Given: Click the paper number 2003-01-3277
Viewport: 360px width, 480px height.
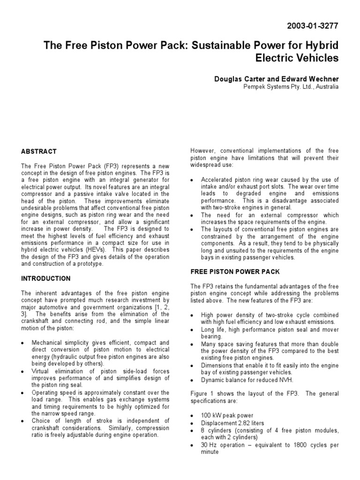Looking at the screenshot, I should (315, 26).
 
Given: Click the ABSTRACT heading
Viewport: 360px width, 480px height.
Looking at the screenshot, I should (39, 151).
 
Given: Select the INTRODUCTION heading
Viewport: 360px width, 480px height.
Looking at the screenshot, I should (45, 278).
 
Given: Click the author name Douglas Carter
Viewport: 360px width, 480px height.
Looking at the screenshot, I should (239, 79).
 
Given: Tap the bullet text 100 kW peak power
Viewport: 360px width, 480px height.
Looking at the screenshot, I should (227, 415).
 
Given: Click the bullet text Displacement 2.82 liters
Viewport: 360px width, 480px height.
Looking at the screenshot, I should (232, 423).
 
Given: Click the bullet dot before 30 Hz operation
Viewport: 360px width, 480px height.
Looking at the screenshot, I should (194, 445).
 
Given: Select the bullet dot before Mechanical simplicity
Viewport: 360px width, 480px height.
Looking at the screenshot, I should (24, 343).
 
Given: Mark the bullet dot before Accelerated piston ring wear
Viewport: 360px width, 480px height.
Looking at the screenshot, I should (194, 180).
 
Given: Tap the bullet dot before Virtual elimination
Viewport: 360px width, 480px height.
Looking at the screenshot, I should (24, 371).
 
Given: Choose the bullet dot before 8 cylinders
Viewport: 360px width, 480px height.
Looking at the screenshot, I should (194, 431).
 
